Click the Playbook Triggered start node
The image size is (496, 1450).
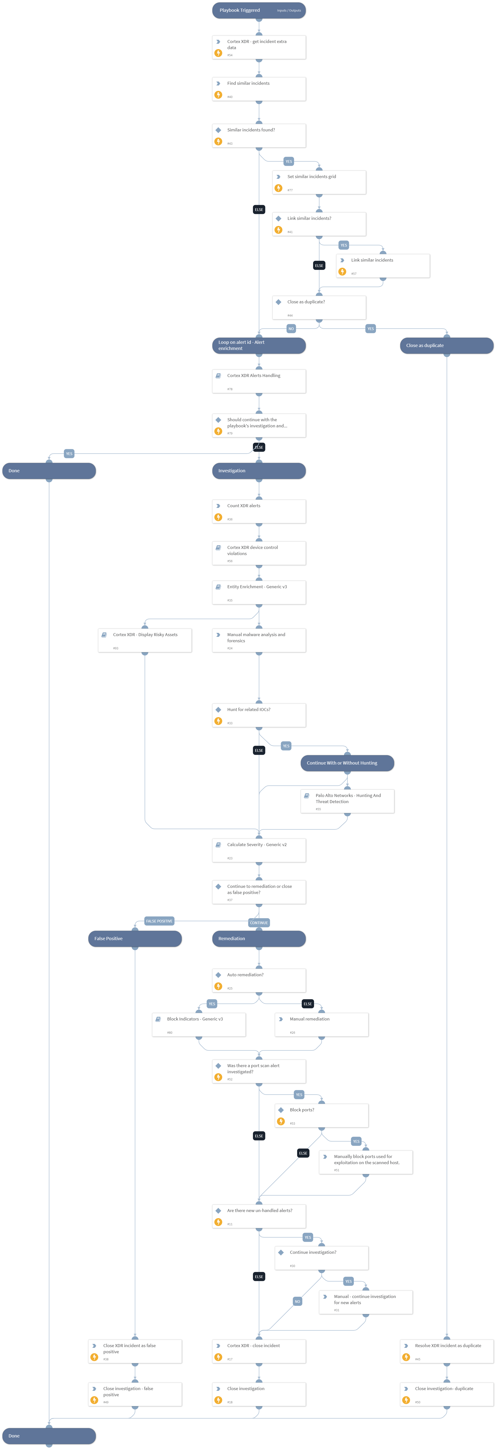(258, 10)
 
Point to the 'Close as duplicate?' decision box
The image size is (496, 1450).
(319, 307)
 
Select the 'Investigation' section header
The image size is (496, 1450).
(258, 471)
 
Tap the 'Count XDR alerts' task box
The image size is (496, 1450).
(258, 511)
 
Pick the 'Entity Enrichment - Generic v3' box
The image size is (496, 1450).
(258, 592)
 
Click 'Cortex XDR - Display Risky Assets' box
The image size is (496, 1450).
(145, 640)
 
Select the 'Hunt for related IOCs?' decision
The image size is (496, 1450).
(258, 715)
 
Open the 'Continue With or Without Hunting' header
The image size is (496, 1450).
(347, 763)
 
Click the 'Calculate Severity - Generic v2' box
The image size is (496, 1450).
(258, 850)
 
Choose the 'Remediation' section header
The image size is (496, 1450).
(258, 938)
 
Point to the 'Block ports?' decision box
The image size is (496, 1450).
(321, 1115)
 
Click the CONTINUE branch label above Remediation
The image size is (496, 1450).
(259, 922)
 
